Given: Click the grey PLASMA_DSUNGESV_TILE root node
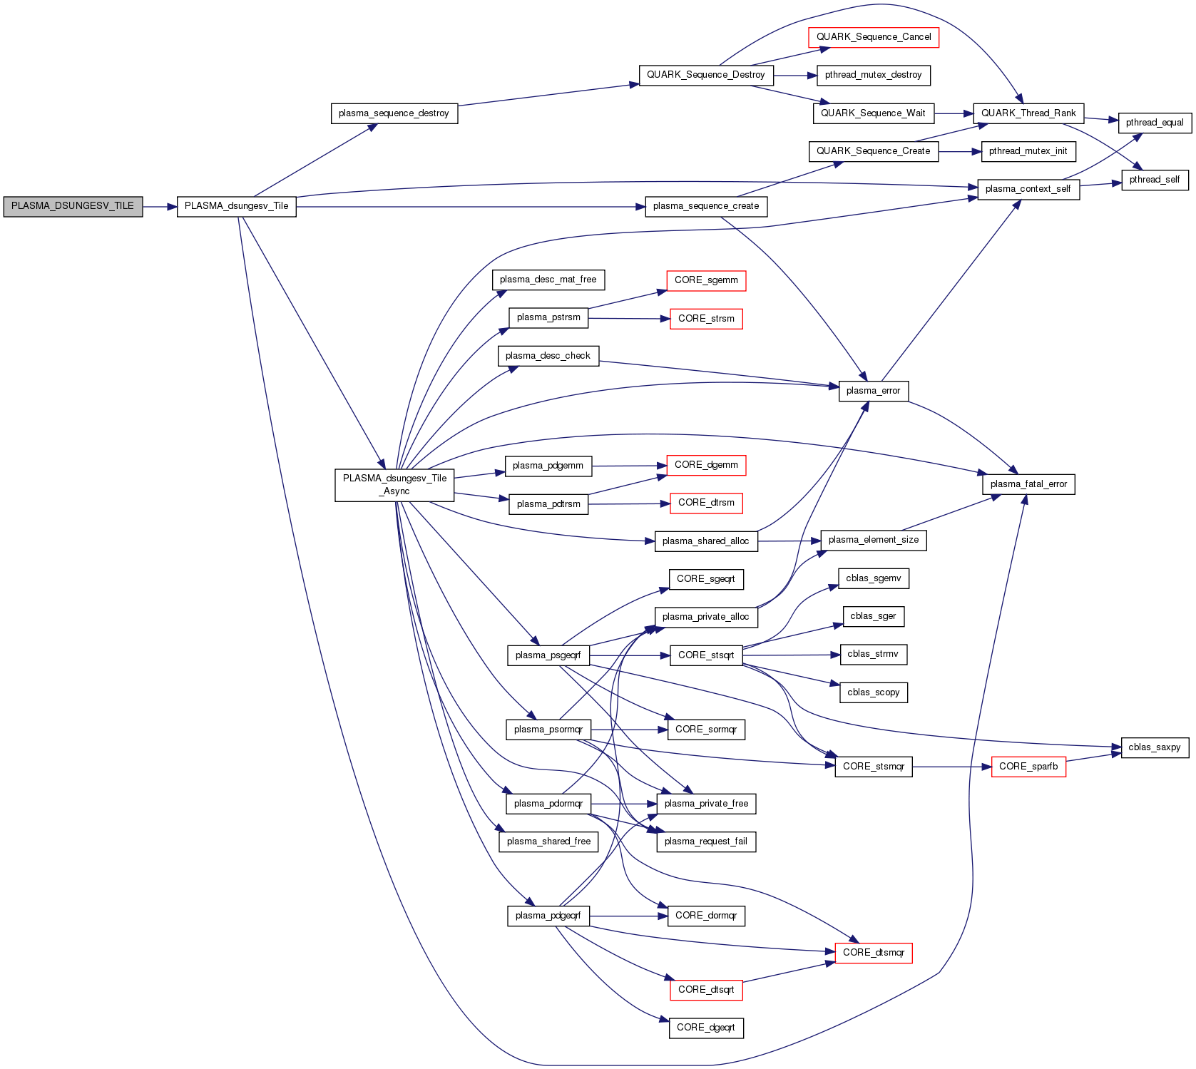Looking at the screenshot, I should pos(73,207).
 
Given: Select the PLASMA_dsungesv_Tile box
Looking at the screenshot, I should pos(236,207).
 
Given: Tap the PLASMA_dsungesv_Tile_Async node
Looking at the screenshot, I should pos(394,485).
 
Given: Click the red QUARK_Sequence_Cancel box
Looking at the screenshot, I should pos(873,37).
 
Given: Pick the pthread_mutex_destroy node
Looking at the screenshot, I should pos(873,75).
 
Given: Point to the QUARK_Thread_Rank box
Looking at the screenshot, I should pos(1028,113).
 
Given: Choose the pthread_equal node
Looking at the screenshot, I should pos(1154,123).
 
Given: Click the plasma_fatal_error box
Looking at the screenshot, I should pos(1028,484).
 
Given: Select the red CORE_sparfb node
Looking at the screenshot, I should pos(1028,767).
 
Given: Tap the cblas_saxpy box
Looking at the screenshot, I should pos(1154,747).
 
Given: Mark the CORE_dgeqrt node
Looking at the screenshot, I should pos(705,1028).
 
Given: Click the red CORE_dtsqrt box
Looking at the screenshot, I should pos(705,990).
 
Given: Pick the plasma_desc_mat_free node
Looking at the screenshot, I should pos(548,280).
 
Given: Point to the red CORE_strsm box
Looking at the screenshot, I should pos(705,319).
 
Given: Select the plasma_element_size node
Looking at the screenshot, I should pos(873,540).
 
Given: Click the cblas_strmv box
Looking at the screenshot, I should pos(872,654).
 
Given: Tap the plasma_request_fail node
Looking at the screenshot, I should pos(705,842).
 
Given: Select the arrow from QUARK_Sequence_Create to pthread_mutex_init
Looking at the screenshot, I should pos(960,152).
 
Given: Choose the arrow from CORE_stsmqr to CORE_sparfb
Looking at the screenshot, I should pos(951,767).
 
